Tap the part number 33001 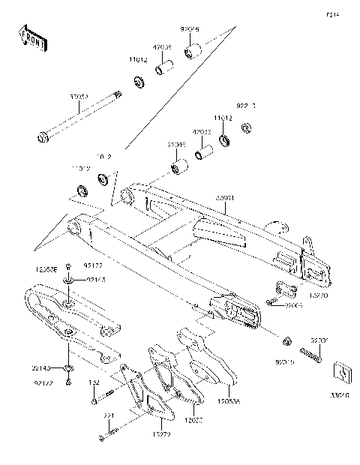pyautogui.click(x=226, y=198)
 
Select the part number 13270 pyautogui.click(x=319, y=296)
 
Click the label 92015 pyautogui.click(x=284, y=362)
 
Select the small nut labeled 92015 pyautogui.click(x=287, y=343)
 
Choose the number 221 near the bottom pyautogui.click(x=108, y=416)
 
